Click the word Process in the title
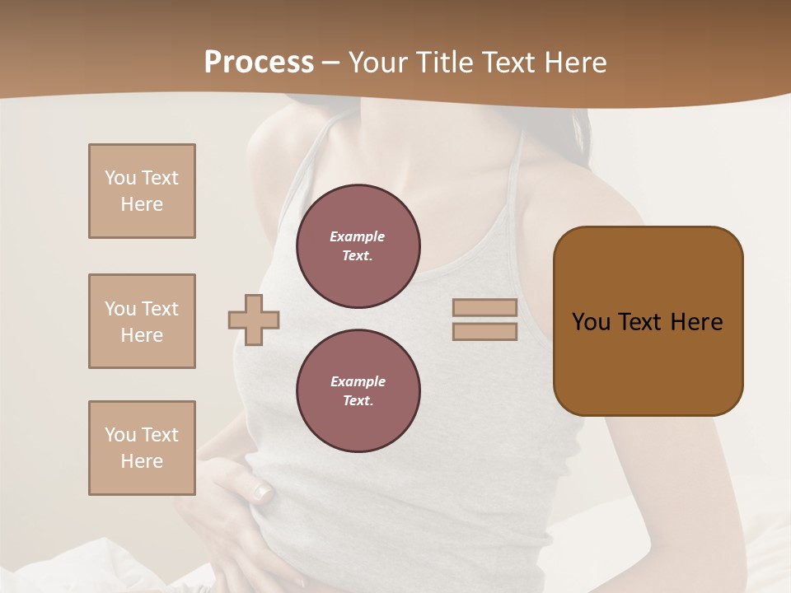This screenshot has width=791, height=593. point(259,63)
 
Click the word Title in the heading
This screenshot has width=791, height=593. point(445,63)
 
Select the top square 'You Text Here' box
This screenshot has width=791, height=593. point(142,191)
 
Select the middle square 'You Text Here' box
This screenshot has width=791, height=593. point(142,321)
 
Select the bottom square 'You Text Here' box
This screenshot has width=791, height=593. point(142,448)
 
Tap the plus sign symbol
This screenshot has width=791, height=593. point(254,320)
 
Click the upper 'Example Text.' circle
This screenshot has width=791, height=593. point(358,246)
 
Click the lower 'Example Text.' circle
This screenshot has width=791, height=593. point(358,391)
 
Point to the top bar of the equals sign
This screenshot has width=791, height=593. point(484,308)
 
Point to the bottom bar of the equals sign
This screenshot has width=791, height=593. point(484,332)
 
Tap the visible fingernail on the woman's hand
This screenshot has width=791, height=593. point(262,493)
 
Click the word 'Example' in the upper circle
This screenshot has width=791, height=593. point(357,236)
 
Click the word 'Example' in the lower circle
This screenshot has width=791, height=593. point(358,381)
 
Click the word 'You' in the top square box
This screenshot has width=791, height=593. point(120,178)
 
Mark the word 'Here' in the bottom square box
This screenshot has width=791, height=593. point(142,461)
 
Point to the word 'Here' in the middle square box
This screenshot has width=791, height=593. point(142,335)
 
